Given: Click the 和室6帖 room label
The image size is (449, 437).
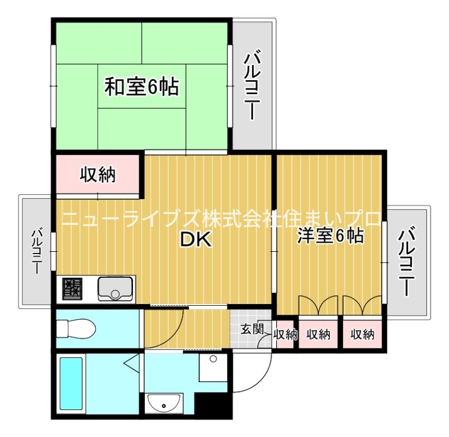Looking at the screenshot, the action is [142, 86].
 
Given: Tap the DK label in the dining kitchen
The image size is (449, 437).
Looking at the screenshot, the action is [196, 239].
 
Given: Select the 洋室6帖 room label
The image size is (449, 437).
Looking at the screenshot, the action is [331, 236].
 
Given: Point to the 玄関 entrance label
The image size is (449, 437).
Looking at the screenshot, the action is [251, 329].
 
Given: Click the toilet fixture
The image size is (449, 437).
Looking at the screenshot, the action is [76, 329].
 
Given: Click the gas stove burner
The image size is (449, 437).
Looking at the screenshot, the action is [72, 288].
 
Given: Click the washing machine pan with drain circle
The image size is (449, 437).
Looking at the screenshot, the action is [213, 367].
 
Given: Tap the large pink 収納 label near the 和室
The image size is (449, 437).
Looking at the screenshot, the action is [98, 174].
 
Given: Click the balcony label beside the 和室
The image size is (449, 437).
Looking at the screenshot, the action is [252, 85].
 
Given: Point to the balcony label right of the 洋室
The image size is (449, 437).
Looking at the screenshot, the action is [406, 261].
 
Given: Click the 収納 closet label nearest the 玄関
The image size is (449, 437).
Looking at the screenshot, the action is [286, 334].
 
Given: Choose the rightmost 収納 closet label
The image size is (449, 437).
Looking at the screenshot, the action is [363, 334].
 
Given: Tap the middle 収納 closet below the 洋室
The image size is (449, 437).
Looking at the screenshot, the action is [318, 334].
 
